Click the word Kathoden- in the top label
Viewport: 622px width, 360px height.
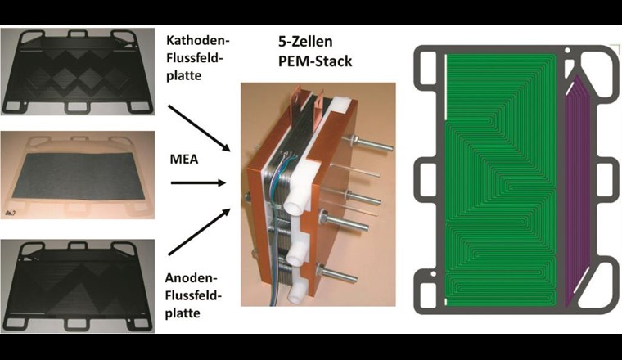[192, 39]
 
